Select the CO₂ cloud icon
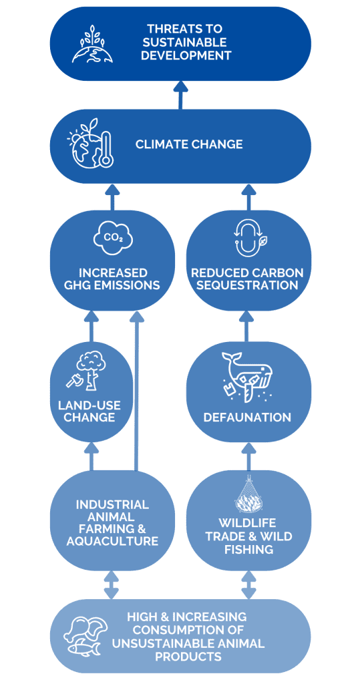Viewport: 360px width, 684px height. (x=114, y=238)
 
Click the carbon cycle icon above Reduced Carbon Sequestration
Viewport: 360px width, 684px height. (x=248, y=238)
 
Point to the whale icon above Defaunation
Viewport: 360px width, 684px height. (x=246, y=376)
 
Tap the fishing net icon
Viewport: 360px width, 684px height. (x=249, y=494)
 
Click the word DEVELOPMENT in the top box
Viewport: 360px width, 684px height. (x=187, y=55)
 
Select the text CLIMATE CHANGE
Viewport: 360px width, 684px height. (x=189, y=144)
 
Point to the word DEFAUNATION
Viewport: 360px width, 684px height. (x=247, y=417)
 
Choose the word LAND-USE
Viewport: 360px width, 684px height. (x=89, y=405)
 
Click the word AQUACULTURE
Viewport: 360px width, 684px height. (x=113, y=541)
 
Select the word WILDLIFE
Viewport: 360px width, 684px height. (x=247, y=524)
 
